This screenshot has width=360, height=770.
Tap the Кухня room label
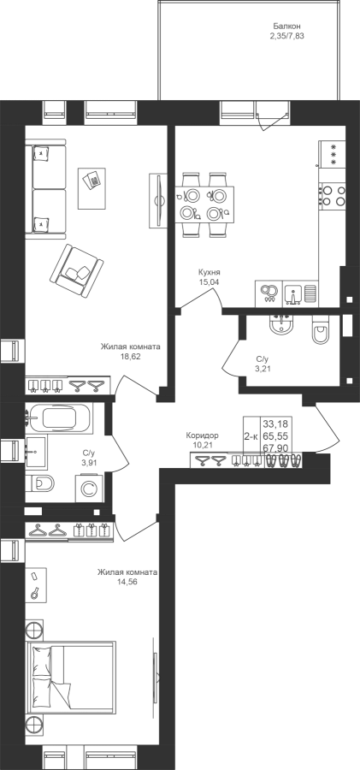pyautogui.click(x=209, y=273)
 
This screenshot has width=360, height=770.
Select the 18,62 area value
pyautogui.click(x=131, y=356)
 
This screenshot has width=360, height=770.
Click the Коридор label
pyautogui.click(x=202, y=435)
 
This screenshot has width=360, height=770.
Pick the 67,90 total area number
pyautogui.click(x=275, y=447)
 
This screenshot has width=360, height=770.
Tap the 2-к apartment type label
pyautogui.click(x=251, y=436)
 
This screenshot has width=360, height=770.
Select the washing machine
pyautogui.click(x=89, y=489)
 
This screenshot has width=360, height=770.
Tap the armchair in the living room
pyautogui.click(x=76, y=270)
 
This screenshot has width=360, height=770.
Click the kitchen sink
pyautogui.click(x=292, y=293)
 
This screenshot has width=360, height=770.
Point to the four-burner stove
pyautogui.click(x=332, y=195)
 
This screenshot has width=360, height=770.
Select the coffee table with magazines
pyautogui.click(x=91, y=188)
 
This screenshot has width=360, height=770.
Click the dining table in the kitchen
pyautogui.click(x=204, y=204)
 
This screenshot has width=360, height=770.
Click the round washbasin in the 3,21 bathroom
pyautogui.click(x=280, y=324)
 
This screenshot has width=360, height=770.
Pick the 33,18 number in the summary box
pyautogui.click(x=275, y=423)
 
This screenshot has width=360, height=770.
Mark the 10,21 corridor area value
pyautogui.click(x=202, y=445)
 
